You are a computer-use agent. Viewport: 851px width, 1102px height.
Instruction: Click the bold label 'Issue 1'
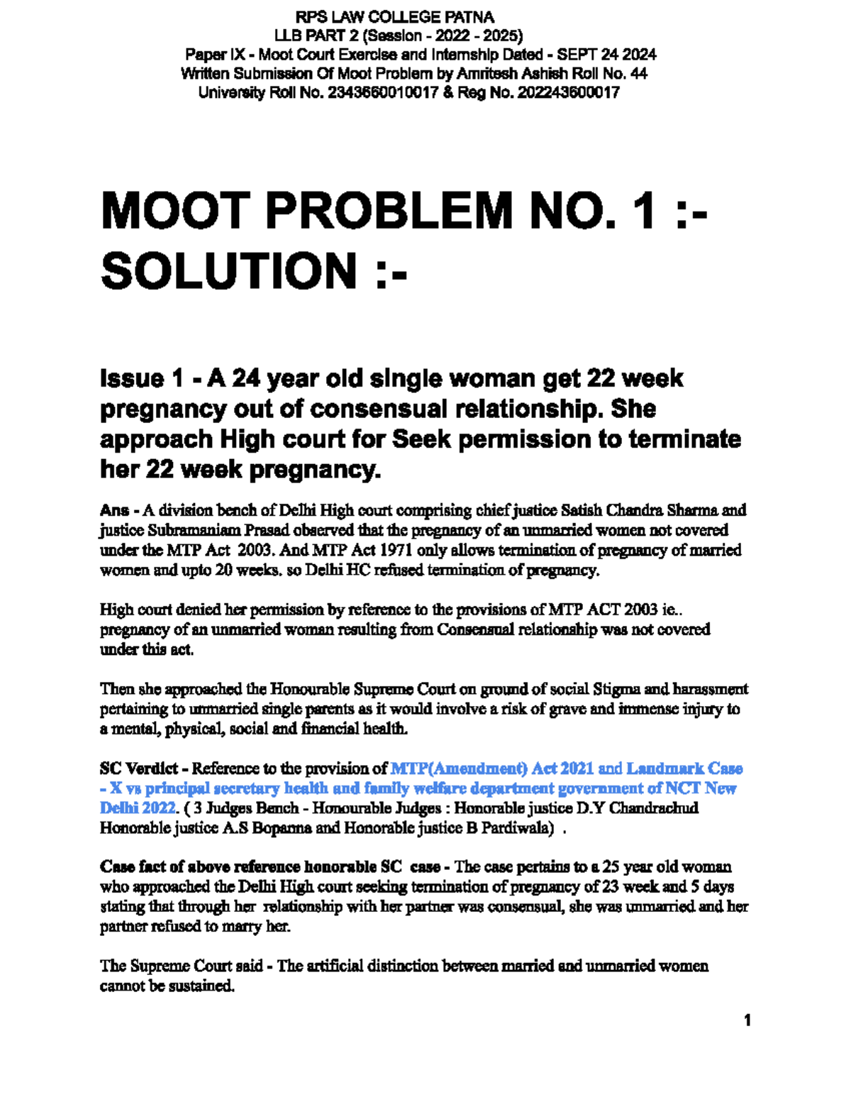(x=142, y=379)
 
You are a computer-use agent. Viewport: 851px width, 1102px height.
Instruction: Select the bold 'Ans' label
(x=114, y=510)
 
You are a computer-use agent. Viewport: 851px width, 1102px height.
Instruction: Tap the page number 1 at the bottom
(x=747, y=1020)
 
